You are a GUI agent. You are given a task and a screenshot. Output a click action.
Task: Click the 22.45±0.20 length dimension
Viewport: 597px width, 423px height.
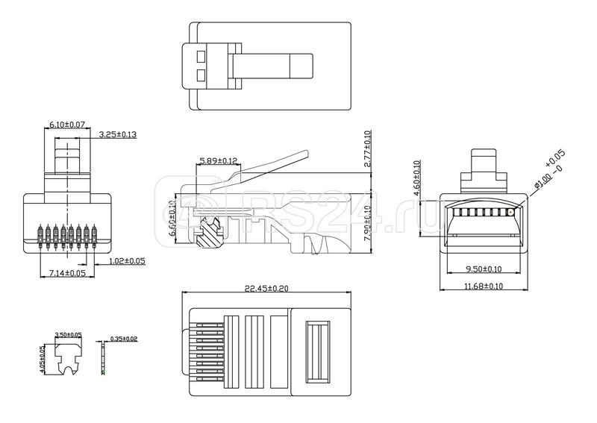click(x=266, y=288)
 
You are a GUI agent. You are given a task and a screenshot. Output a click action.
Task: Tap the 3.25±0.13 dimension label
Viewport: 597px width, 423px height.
click(x=117, y=135)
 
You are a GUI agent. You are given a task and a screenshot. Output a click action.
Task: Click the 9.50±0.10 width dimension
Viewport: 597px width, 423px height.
click(x=484, y=269)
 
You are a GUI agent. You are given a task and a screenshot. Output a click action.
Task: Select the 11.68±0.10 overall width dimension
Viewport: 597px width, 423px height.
click(x=484, y=286)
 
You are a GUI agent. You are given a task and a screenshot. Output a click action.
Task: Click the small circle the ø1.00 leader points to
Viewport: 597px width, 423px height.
click(x=510, y=212)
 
